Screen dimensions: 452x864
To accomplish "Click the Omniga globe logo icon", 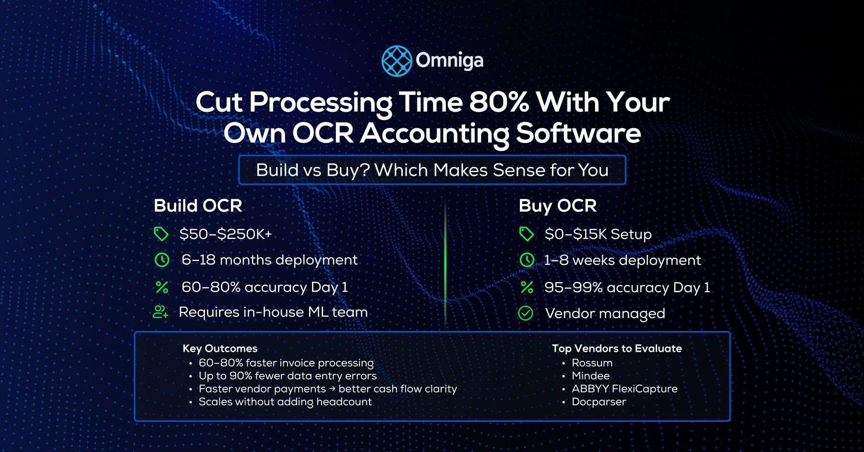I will (x=396, y=61).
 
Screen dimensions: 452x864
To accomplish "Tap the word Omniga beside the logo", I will (x=449, y=61).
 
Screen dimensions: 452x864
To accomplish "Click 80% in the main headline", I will (x=499, y=102).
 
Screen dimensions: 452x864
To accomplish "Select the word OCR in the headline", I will (x=323, y=133).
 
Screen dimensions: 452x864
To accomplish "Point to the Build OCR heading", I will (x=198, y=206).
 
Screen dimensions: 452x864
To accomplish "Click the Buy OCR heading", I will (x=557, y=206).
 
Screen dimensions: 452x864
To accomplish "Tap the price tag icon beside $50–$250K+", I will (x=161, y=234).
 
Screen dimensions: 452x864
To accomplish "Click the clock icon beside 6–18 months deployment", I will (x=162, y=260).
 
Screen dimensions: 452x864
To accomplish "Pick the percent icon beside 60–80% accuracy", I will (x=162, y=287).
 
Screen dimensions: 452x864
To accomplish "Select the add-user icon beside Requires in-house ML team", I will (x=160, y=312).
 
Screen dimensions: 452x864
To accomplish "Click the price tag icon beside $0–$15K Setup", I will (x=527, y=234).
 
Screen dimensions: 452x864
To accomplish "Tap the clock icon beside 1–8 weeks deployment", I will (x=527, y=260).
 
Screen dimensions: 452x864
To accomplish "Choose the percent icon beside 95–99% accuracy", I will (x=527, y=287).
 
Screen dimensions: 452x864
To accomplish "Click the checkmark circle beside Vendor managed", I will (x=526, y=313).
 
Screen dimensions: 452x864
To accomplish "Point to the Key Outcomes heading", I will (x=220, y=348).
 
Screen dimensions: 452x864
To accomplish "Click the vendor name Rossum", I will (x=592, y=363).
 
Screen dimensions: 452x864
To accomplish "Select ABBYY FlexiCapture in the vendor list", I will (x=624, y=389).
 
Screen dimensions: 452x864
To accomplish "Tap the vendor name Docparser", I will (x=599, y=402).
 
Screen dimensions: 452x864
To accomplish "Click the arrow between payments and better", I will (x=332, y=389).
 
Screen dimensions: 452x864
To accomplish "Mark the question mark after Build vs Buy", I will (x=365, y=170).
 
